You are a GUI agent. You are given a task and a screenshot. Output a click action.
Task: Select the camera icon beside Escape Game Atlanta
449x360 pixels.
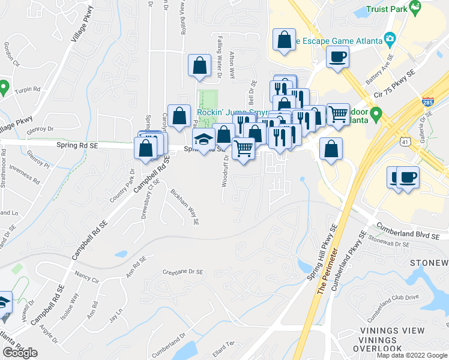(390, 40)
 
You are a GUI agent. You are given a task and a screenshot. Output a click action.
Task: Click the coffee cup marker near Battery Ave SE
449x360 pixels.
(337, 58)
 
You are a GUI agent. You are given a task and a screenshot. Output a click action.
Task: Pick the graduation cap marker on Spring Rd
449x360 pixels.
(204, 141)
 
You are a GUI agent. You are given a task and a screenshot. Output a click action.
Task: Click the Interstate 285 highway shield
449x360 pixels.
(427, 102)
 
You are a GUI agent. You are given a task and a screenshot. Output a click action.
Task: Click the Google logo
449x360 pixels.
(20, 353)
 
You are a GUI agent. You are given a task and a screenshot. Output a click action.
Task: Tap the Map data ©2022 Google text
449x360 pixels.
(411, 355)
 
